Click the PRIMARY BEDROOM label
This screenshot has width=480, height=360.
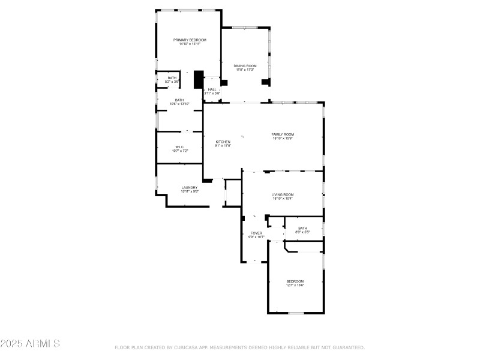[x=190, y=40]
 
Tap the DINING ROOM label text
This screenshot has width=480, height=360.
[x=245, y=65]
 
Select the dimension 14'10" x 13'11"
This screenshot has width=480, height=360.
[x=190, y=44]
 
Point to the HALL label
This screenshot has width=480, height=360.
[x=212, y=89]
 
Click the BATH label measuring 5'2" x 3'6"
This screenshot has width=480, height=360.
[x=172, y=77]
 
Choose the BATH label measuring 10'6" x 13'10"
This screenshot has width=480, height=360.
[x=179, y=100]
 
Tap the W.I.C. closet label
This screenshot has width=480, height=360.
[x=179, y=146]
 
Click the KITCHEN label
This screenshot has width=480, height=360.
[x=223, y=142]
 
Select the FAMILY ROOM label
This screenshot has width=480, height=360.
[x=283, y=134]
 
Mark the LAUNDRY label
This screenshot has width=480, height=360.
[x=190, y=187]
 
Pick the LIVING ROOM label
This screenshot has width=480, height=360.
[x=283, y=194]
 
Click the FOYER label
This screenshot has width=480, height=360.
[x=256, y=233]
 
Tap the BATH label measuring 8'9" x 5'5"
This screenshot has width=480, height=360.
[x=302, y=227]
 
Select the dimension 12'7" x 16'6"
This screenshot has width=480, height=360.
[x=295, y=285]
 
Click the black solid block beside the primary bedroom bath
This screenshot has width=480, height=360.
[x=199, y=80]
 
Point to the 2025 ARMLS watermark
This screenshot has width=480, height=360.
[x=30, y=344]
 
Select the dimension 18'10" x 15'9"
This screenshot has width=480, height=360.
[x=283, y=138]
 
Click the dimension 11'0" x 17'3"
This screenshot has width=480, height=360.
[x=245, y=70]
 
